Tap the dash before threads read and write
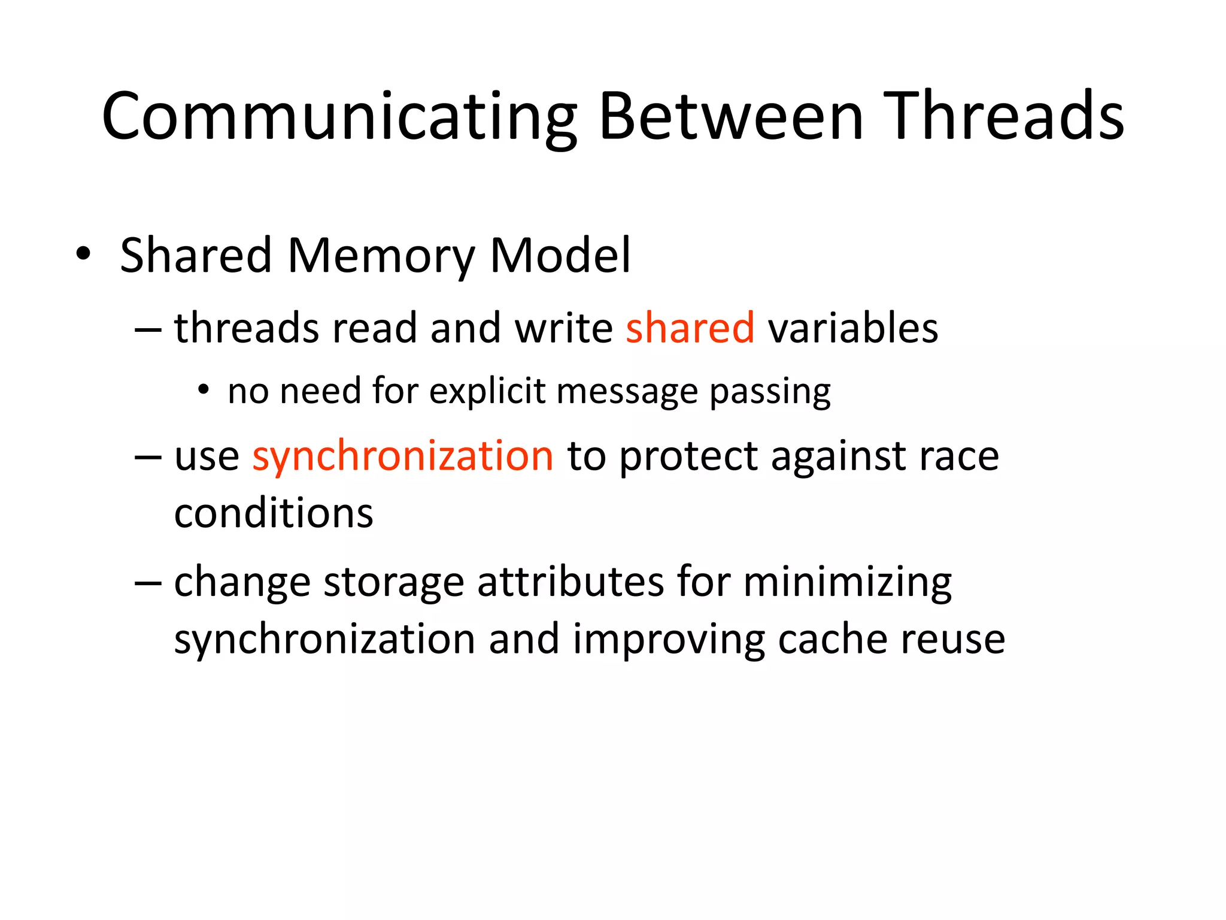(x=148, y=330)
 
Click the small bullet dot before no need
(x=204, y=391)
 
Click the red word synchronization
(x=403, y=456)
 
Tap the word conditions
(x=274, y=513)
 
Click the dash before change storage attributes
(x=148, y=582)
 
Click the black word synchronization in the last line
(x=324, y=640)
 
